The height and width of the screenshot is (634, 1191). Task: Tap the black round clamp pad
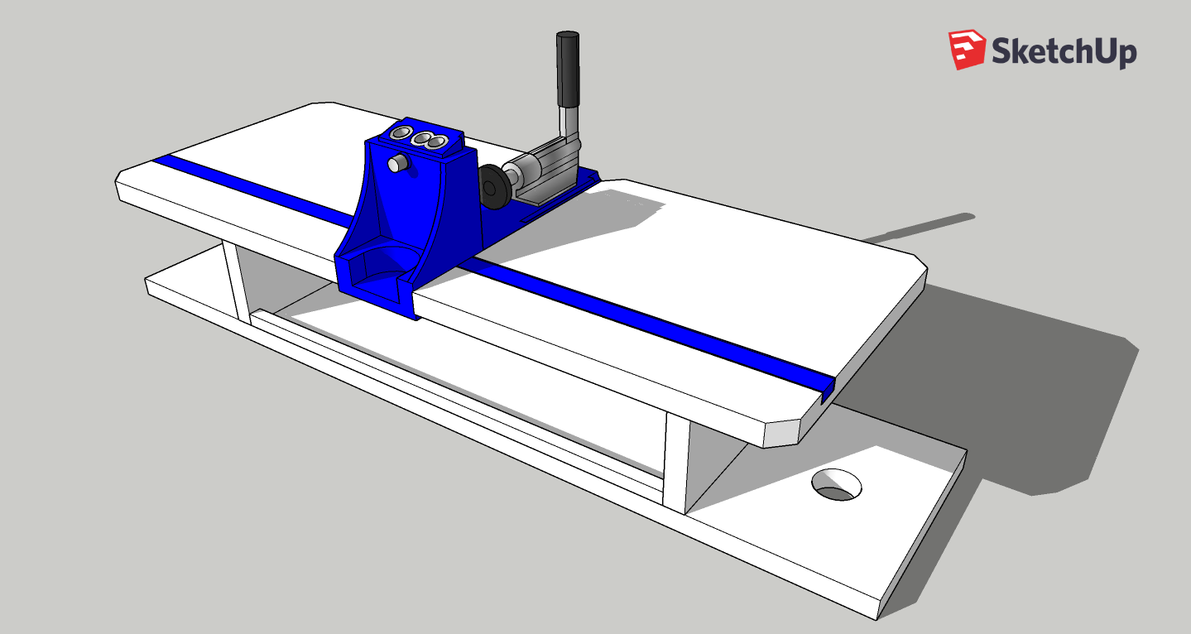[x=494, y=187]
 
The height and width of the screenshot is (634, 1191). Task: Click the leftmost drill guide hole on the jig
[x=403, y=133]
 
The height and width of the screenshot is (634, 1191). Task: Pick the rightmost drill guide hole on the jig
[x=437, y=144]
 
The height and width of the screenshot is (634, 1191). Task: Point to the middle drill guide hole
[x=422, y=139]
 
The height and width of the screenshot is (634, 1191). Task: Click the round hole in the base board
[x=836, y=484]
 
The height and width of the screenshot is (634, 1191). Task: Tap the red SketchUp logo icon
[x=967, y=50]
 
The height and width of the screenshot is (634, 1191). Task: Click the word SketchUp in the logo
[x=1064, y=51]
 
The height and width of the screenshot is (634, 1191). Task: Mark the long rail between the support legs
[x=455, y=397]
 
